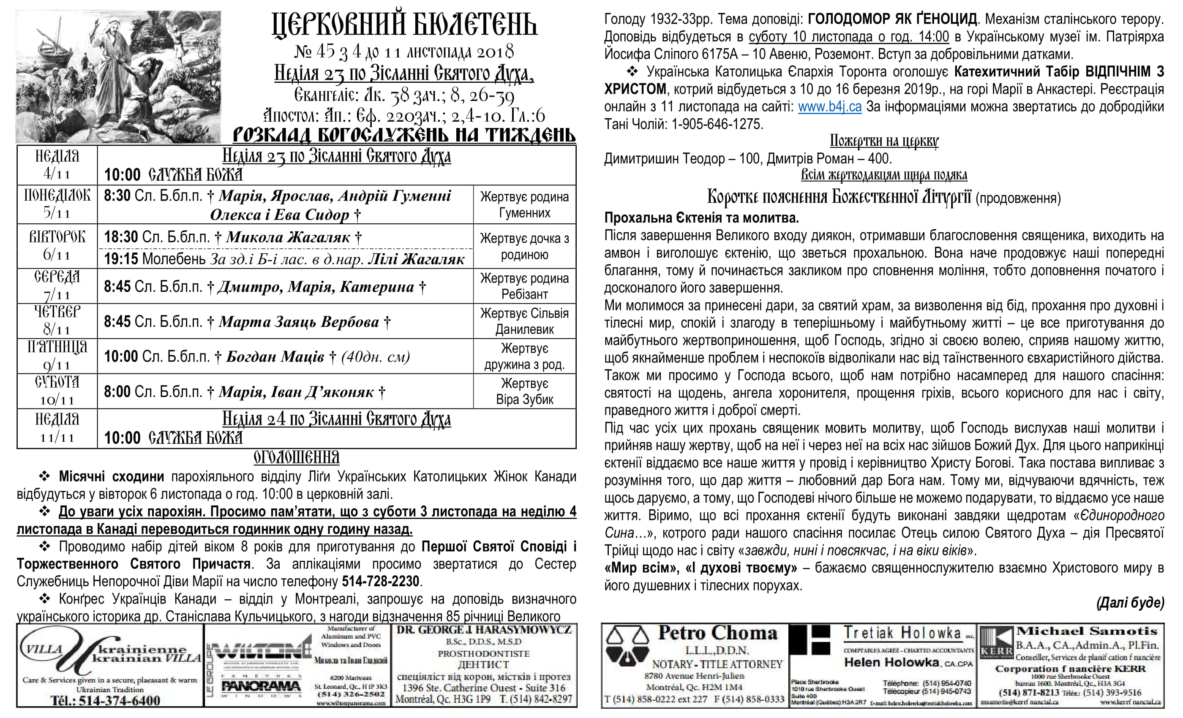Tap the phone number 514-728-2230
[380, 581]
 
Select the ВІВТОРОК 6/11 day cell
[57, 246]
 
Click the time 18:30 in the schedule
[121, 237]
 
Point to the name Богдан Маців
[275, 356]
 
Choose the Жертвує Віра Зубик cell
[524, 391]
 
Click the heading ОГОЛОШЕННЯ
[296, 457]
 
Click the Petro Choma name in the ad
[717, 633]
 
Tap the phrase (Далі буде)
[1130, 603]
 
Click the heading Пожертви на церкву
[884, 141]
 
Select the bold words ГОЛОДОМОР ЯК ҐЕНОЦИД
[892, 19]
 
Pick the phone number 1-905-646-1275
[717, 124]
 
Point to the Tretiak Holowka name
[902, 634]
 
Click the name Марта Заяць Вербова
[299, 321]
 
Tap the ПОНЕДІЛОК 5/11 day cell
[57, 204]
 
